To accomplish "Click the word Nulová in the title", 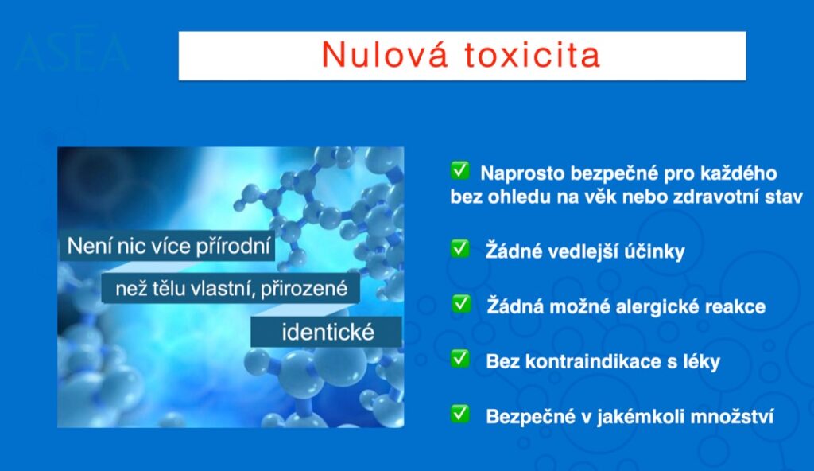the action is pyautogui.click(x=384, y=54).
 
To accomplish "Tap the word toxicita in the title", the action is pyautogui.click(x=533, y=55).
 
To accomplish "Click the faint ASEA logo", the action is pyautogui.click(x=72, y=51).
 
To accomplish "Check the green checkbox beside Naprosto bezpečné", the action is pyautogui.click(x=460, y=170).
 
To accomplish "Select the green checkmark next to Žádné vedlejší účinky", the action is pyautogui.click(x=460, y=248).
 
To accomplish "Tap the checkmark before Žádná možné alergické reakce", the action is pyautogui.click(x=461, y=304).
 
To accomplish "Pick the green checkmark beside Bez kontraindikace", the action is pyautogui.click(x=460, y=358).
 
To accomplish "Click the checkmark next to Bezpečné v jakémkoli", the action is pyautogui.click(x=460, y=414).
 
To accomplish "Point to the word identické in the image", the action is pyautogui.click(x=328, y=333).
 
